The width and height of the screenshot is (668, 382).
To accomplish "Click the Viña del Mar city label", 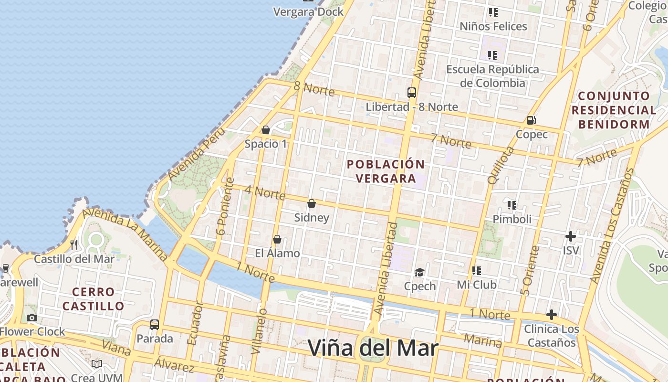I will tap(373, 348).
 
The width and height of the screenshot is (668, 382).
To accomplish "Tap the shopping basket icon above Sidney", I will tap(312, 204).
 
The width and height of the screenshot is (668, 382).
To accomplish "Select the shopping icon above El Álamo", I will tap(277, 239).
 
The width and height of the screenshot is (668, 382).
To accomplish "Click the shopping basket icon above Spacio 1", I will tap(266, 130).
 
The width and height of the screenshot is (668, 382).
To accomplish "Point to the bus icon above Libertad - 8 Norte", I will tap(412, 93).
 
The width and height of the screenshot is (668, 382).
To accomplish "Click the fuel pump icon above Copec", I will tap(531, 120).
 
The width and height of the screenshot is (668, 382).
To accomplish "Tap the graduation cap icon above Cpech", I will tap(419, 272).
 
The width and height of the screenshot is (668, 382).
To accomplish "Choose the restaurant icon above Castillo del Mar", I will tap(74, 245).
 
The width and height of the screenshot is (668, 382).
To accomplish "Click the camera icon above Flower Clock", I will tap(32, 318).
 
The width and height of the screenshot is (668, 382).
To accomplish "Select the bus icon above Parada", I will tap(155, 325).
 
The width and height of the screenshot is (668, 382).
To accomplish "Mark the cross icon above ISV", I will tap(570, 236).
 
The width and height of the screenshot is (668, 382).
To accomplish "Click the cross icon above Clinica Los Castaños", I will tap(552, 315).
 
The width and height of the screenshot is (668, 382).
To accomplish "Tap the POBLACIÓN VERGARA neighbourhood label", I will tap(386, 171).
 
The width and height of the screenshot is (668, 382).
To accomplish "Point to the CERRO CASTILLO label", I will tap(94, 299).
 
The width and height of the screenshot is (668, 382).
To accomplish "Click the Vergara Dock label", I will tap(308, 12).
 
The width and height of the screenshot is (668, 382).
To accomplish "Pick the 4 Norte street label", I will tap(265, 192).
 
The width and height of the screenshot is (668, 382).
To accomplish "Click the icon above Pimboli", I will tap(512, 205).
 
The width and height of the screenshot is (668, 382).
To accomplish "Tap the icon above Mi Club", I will tap(477, 271).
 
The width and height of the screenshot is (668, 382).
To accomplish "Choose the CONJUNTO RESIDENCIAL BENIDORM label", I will tap(614, 110).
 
